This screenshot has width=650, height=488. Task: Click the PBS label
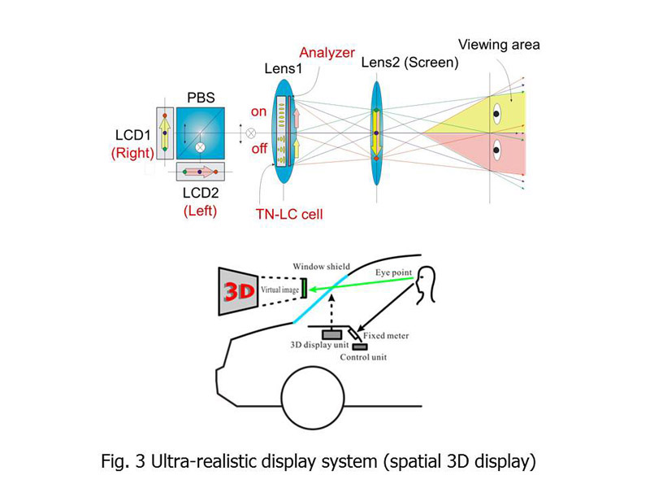(201, 98)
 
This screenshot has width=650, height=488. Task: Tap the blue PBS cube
(201, 133)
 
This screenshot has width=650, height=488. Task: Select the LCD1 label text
(132, 135)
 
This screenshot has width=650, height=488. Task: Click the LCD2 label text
(201, 193)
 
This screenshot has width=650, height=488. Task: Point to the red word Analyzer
(327, 53)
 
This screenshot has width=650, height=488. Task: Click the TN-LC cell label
(289, 214)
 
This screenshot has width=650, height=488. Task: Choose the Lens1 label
(284, 68)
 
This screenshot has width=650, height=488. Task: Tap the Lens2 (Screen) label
(410, 63)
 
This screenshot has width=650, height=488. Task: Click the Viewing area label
(499, 45)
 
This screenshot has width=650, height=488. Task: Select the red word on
(258, 111)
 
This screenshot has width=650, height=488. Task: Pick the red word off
(259, 148)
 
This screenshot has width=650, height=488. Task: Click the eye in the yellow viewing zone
(496, 114)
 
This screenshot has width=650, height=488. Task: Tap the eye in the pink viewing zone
(496, 150)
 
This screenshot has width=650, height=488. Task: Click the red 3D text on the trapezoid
(239, 291)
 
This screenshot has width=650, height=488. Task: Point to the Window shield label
(321, 267)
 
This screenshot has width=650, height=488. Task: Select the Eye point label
(394, 272)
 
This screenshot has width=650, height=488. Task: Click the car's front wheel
(313, 398)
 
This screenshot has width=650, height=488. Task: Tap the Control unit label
(363, 357)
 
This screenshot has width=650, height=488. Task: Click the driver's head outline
(425, 285)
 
